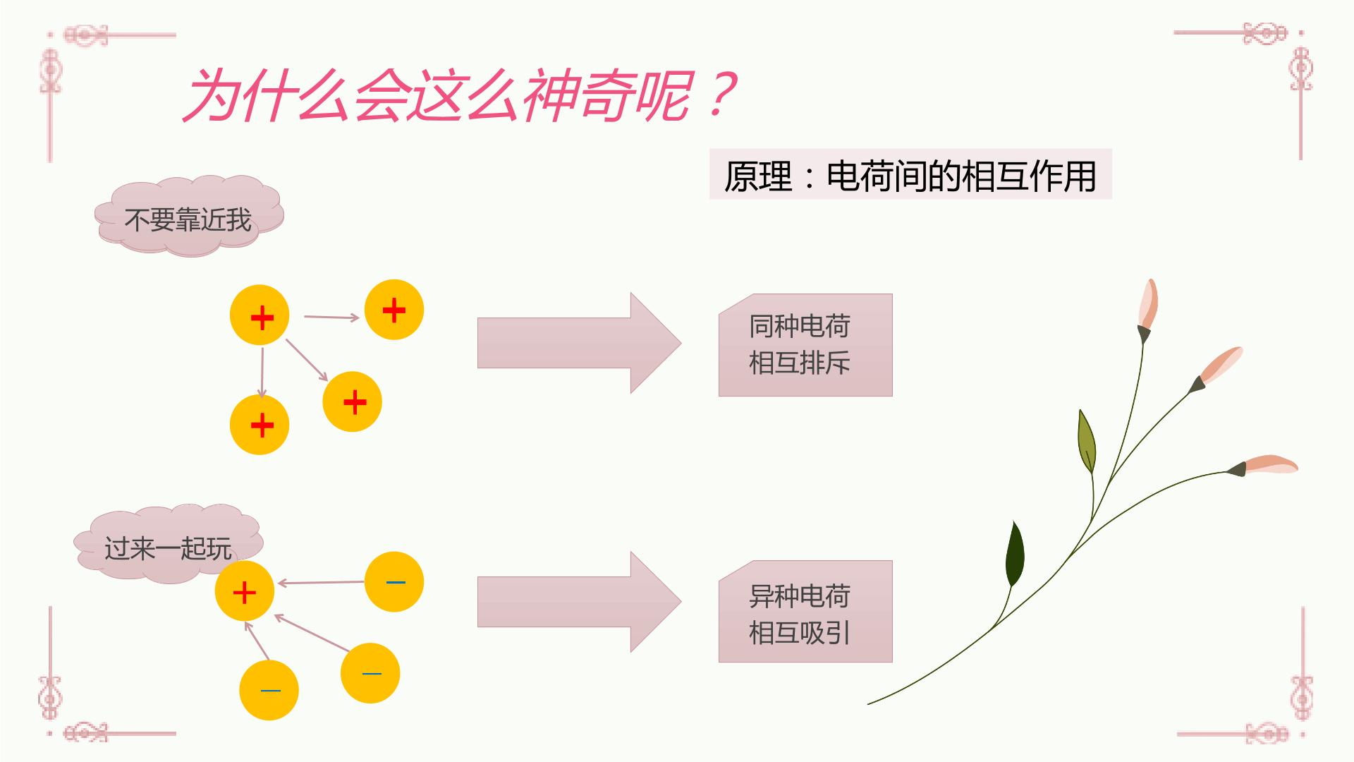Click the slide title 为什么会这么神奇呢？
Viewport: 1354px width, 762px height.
460,95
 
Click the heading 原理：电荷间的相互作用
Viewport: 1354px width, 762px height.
910,175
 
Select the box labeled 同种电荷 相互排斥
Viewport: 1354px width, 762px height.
805,345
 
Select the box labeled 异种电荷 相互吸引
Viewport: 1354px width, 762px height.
805,611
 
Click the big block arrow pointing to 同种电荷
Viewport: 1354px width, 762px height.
579,343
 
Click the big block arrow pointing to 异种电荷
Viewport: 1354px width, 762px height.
579,602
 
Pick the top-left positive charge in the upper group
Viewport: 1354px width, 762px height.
260,315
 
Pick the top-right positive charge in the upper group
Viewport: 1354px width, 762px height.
394,310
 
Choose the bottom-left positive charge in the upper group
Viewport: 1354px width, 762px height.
260,425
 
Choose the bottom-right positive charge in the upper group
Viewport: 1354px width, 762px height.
353,401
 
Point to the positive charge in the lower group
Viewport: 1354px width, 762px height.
245,591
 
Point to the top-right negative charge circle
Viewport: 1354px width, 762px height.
394,582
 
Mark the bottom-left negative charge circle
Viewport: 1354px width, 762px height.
269,690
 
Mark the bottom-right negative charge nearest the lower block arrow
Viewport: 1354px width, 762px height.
370,673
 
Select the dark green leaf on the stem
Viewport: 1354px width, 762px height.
1015,555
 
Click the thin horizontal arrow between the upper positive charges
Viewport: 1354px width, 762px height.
331,317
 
